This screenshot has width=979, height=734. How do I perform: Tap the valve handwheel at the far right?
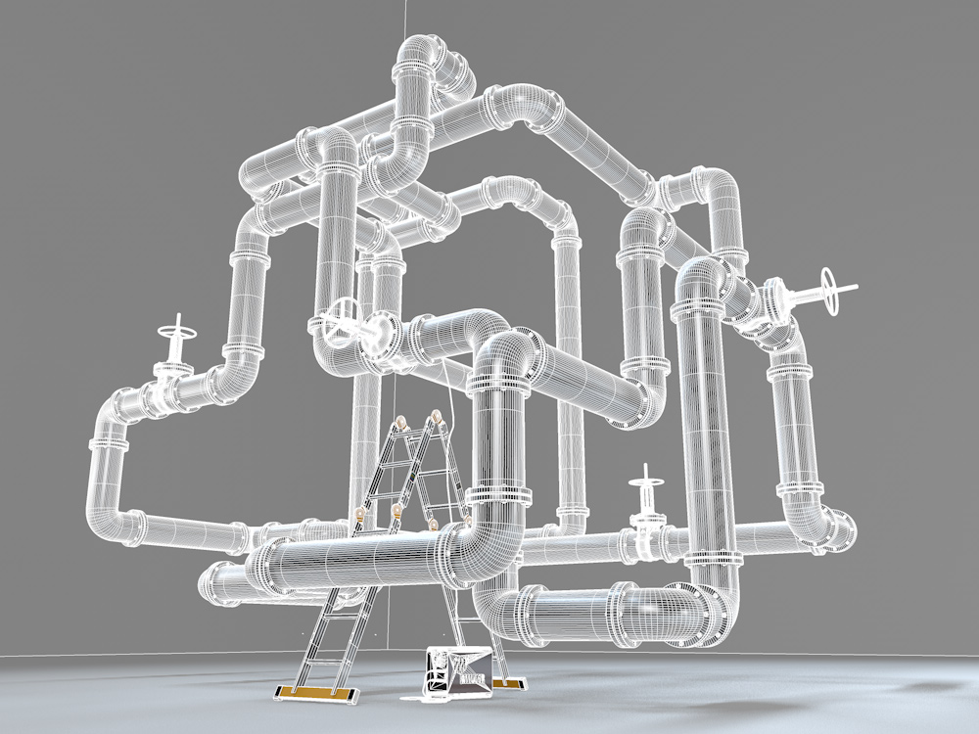tap(831, 293)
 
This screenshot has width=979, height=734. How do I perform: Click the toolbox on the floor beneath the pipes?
tap(457, 672)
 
